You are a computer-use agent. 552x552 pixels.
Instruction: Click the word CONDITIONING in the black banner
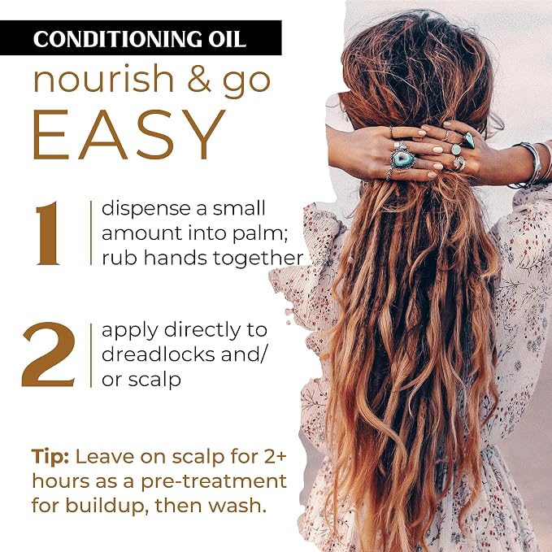(118, 38)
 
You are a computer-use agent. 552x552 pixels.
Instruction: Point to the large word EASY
(128, 134)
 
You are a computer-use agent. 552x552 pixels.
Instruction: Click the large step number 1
(48, 233)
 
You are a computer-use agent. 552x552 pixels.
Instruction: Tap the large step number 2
(49, 354)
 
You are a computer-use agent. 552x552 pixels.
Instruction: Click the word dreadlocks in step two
(159, 354)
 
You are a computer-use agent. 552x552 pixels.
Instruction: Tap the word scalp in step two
(154, 380)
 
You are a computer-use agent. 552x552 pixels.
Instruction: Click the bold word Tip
(50, 458)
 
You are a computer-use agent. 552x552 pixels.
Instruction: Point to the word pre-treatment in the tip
(214, 482)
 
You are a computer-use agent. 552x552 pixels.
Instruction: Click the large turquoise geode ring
(402, 159)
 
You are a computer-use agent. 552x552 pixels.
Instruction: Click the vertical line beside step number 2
(91, 354)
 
